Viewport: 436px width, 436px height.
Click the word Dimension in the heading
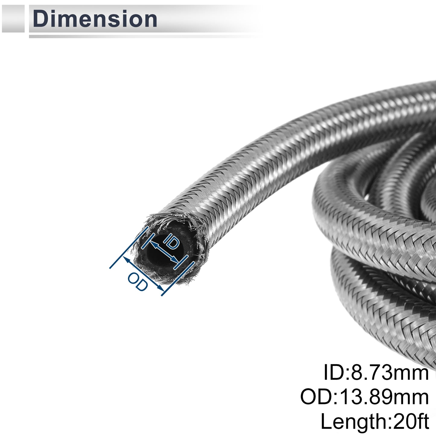coord(95,19)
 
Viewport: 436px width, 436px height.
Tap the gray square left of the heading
coord(13,18)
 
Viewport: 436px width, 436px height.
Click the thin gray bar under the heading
coord(145,37)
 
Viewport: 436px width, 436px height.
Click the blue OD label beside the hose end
coord(138,282)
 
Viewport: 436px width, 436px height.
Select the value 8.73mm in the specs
coord(390,372)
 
